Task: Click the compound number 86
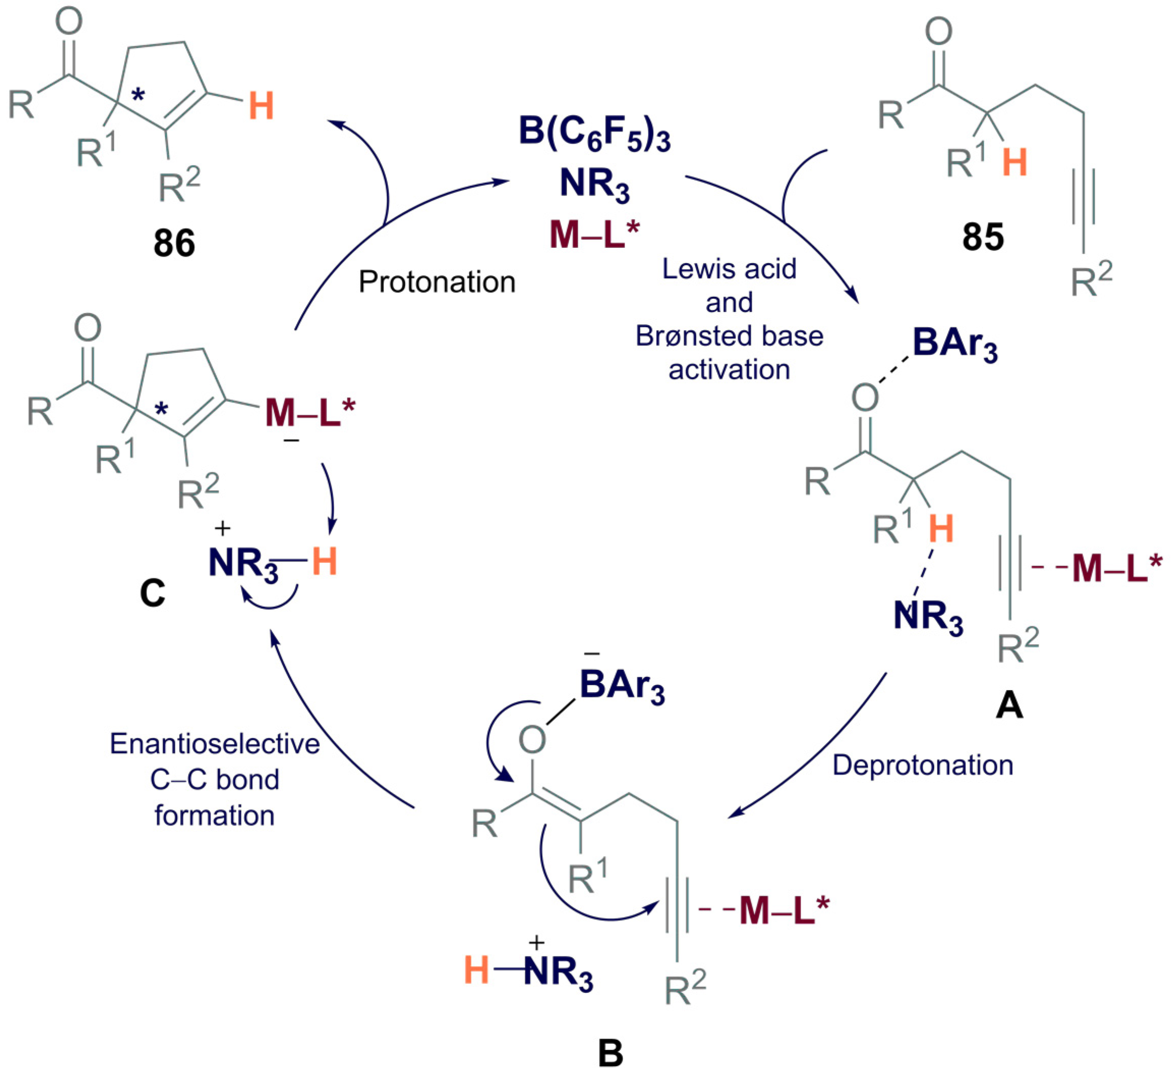click(x=174, y=243)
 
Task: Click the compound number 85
click(x=983, y=237)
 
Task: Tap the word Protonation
click(x=437, y=282)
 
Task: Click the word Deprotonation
click(x=923, y=765)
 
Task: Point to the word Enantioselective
click(x=215, y=744)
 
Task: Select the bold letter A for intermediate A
click(x=1009, y=705)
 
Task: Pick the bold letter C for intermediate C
click(x=152, y=594)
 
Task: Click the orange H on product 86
click(x=261, y=107)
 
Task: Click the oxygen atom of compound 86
click(x=69, y=22)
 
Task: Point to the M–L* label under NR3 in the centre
click(x=594, y=234)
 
